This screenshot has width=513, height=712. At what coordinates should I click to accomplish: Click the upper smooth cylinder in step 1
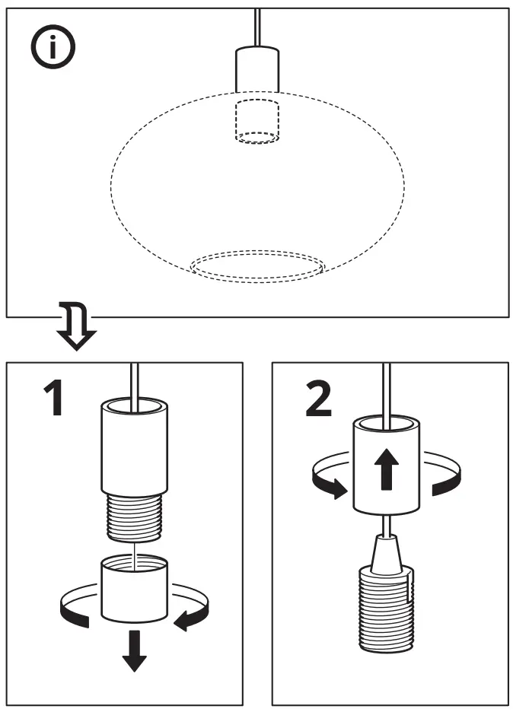(x=134, y=449)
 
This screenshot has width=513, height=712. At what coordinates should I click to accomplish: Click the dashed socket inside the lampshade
(x=256, y=120)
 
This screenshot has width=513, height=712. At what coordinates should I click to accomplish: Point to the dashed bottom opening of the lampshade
(x=256, y=266)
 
